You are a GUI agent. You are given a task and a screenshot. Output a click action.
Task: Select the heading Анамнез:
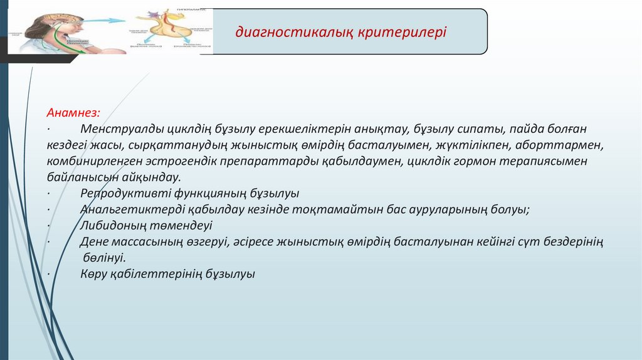(x=73, y=113)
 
